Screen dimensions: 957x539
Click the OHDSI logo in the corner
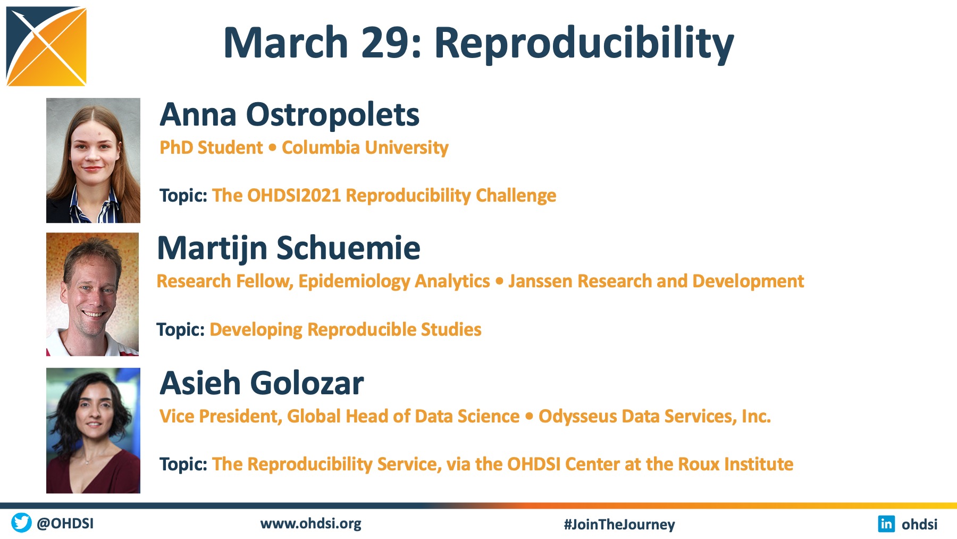click(46, 46)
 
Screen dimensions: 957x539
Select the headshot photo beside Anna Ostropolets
click(93, 160)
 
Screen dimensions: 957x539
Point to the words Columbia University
click(365, 147)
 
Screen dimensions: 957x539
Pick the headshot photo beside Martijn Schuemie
click(93, 294)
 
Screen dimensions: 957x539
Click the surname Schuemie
click(348, 248)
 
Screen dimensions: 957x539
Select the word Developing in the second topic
click(256, 330)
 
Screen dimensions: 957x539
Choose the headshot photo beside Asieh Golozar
click(93, 430)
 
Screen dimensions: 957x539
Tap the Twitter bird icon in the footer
click(21, 523)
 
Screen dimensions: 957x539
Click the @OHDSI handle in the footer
click(65, 524)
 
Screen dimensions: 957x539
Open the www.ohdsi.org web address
click(311, 524)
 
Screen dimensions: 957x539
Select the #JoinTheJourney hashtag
click(619, 525)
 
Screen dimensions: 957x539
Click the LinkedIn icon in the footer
click(886, 524)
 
